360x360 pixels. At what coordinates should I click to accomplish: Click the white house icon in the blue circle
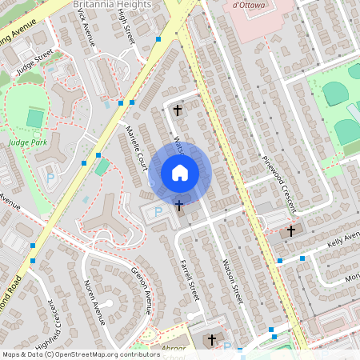180,173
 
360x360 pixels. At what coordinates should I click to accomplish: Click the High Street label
126,25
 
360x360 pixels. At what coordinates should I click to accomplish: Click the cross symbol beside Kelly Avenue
291,231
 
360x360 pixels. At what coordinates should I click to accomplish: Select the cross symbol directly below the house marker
178,205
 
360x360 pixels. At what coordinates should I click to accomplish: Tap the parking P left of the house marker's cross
158,211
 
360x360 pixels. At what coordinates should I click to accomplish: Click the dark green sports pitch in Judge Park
34,118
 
